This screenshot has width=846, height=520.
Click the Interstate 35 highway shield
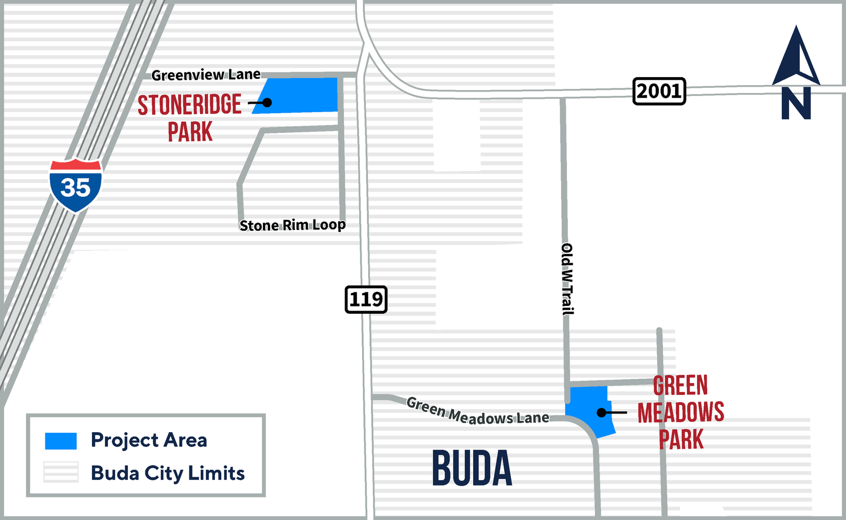[76, 186]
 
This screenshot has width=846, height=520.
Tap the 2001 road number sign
[659, 91]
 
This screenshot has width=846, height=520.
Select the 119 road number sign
[366, 299]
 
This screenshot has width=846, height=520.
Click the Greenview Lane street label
[206, 75]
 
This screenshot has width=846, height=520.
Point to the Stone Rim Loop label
[292, 225]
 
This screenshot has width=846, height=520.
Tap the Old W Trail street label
[567, 279]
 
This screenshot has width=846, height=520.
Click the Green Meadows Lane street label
[477, 411]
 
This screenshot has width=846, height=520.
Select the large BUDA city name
[472, 468]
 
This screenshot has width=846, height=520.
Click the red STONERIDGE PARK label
[190, 118]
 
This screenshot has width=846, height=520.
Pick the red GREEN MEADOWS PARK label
[681, 412]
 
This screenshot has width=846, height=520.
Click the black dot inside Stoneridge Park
[267, 103]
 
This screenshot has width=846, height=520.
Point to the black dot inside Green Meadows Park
[602, 413]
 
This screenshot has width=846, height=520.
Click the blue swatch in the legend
[61, 441]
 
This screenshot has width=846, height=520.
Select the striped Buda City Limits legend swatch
[61, 473]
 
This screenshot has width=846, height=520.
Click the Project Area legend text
[149, 440]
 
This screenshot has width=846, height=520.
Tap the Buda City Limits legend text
[168, 473]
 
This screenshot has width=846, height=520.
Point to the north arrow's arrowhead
[796, 56]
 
